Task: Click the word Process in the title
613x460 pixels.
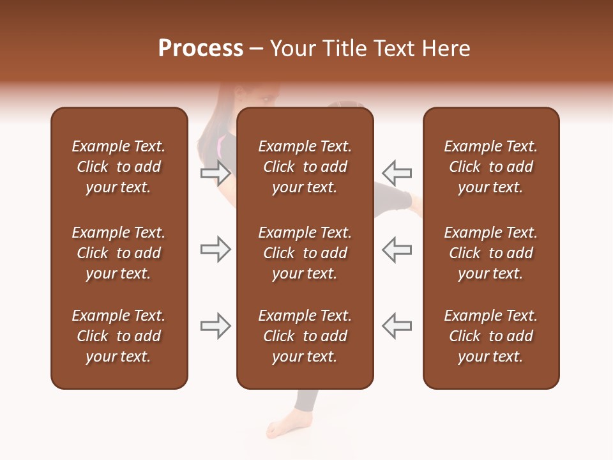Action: (201, 49)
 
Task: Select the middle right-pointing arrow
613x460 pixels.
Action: (216, 249)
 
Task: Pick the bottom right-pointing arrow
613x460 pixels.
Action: (216, 326)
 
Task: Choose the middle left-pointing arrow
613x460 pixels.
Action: (397, 249)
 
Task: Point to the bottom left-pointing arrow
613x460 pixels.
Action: (397, 326)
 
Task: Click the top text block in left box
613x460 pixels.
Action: (119, 167)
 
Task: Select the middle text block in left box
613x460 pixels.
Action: (119, 253)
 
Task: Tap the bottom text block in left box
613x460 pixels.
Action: (119, 336)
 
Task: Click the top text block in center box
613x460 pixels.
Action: (305, 167)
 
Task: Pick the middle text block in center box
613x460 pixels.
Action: (305, 253)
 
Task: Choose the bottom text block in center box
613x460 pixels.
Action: (305, 336)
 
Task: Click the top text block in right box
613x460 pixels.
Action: (491, 167)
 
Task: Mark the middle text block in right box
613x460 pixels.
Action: (491, 253)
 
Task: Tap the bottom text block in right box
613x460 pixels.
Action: (491, 336)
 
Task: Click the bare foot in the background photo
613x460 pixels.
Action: (284, 427)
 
